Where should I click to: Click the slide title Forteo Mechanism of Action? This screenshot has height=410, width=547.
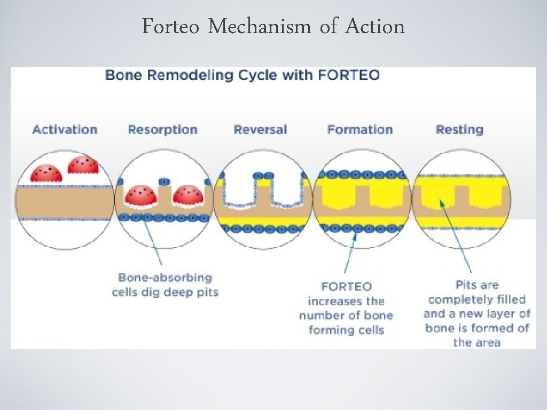tap(273, 26)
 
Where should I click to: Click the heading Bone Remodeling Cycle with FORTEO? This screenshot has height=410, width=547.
tap(243, 75)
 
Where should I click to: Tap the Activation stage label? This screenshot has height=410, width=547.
tap(65, 130)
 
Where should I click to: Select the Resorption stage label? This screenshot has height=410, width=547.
tap(162, 130)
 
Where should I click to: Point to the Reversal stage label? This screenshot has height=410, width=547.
tap(260, 130)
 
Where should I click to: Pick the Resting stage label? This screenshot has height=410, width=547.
tap(459, 130)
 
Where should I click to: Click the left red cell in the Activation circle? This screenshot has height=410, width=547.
tap(46, 172)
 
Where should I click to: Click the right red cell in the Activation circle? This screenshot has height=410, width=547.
tap(83, 165)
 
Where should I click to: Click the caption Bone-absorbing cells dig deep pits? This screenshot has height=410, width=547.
tap(165, 285)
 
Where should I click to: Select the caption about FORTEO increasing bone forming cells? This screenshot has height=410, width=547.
tap(346, 308)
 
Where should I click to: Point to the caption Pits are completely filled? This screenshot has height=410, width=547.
tap(476, 313)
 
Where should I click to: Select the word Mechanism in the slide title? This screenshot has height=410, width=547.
tap(259, 26)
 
